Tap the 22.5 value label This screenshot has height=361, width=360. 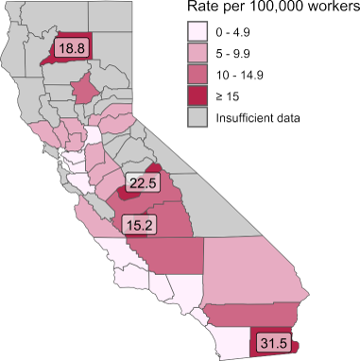pos(144,182)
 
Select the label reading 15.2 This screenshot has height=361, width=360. pos(140,225)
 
